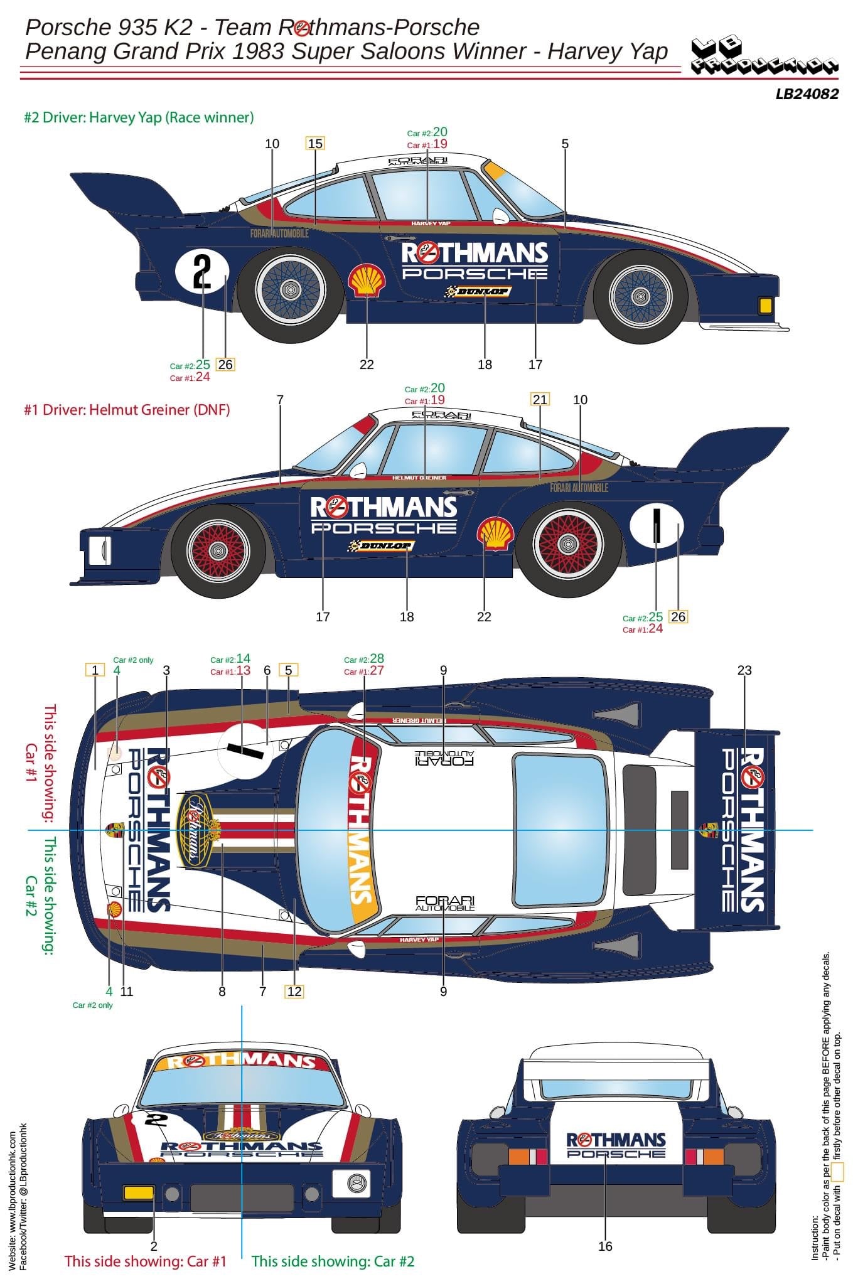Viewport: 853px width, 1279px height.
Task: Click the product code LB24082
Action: coord(807,94)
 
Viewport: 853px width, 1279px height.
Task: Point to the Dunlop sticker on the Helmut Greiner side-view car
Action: coord(381,546)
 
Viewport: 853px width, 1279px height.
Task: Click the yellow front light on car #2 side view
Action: coord(765,306)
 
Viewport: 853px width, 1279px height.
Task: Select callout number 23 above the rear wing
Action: coord(744,670)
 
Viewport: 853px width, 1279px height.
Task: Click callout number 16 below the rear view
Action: coord(605,1246)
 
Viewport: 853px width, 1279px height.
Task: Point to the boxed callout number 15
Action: coord(315,144)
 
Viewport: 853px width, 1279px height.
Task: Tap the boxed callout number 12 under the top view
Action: coord(294,992)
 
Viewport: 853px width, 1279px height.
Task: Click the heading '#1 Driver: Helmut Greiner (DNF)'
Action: coord(127,410)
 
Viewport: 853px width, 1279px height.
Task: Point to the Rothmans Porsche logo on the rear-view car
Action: coord(615,1145)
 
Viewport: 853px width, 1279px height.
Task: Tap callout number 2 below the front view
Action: coord(154,1246)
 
